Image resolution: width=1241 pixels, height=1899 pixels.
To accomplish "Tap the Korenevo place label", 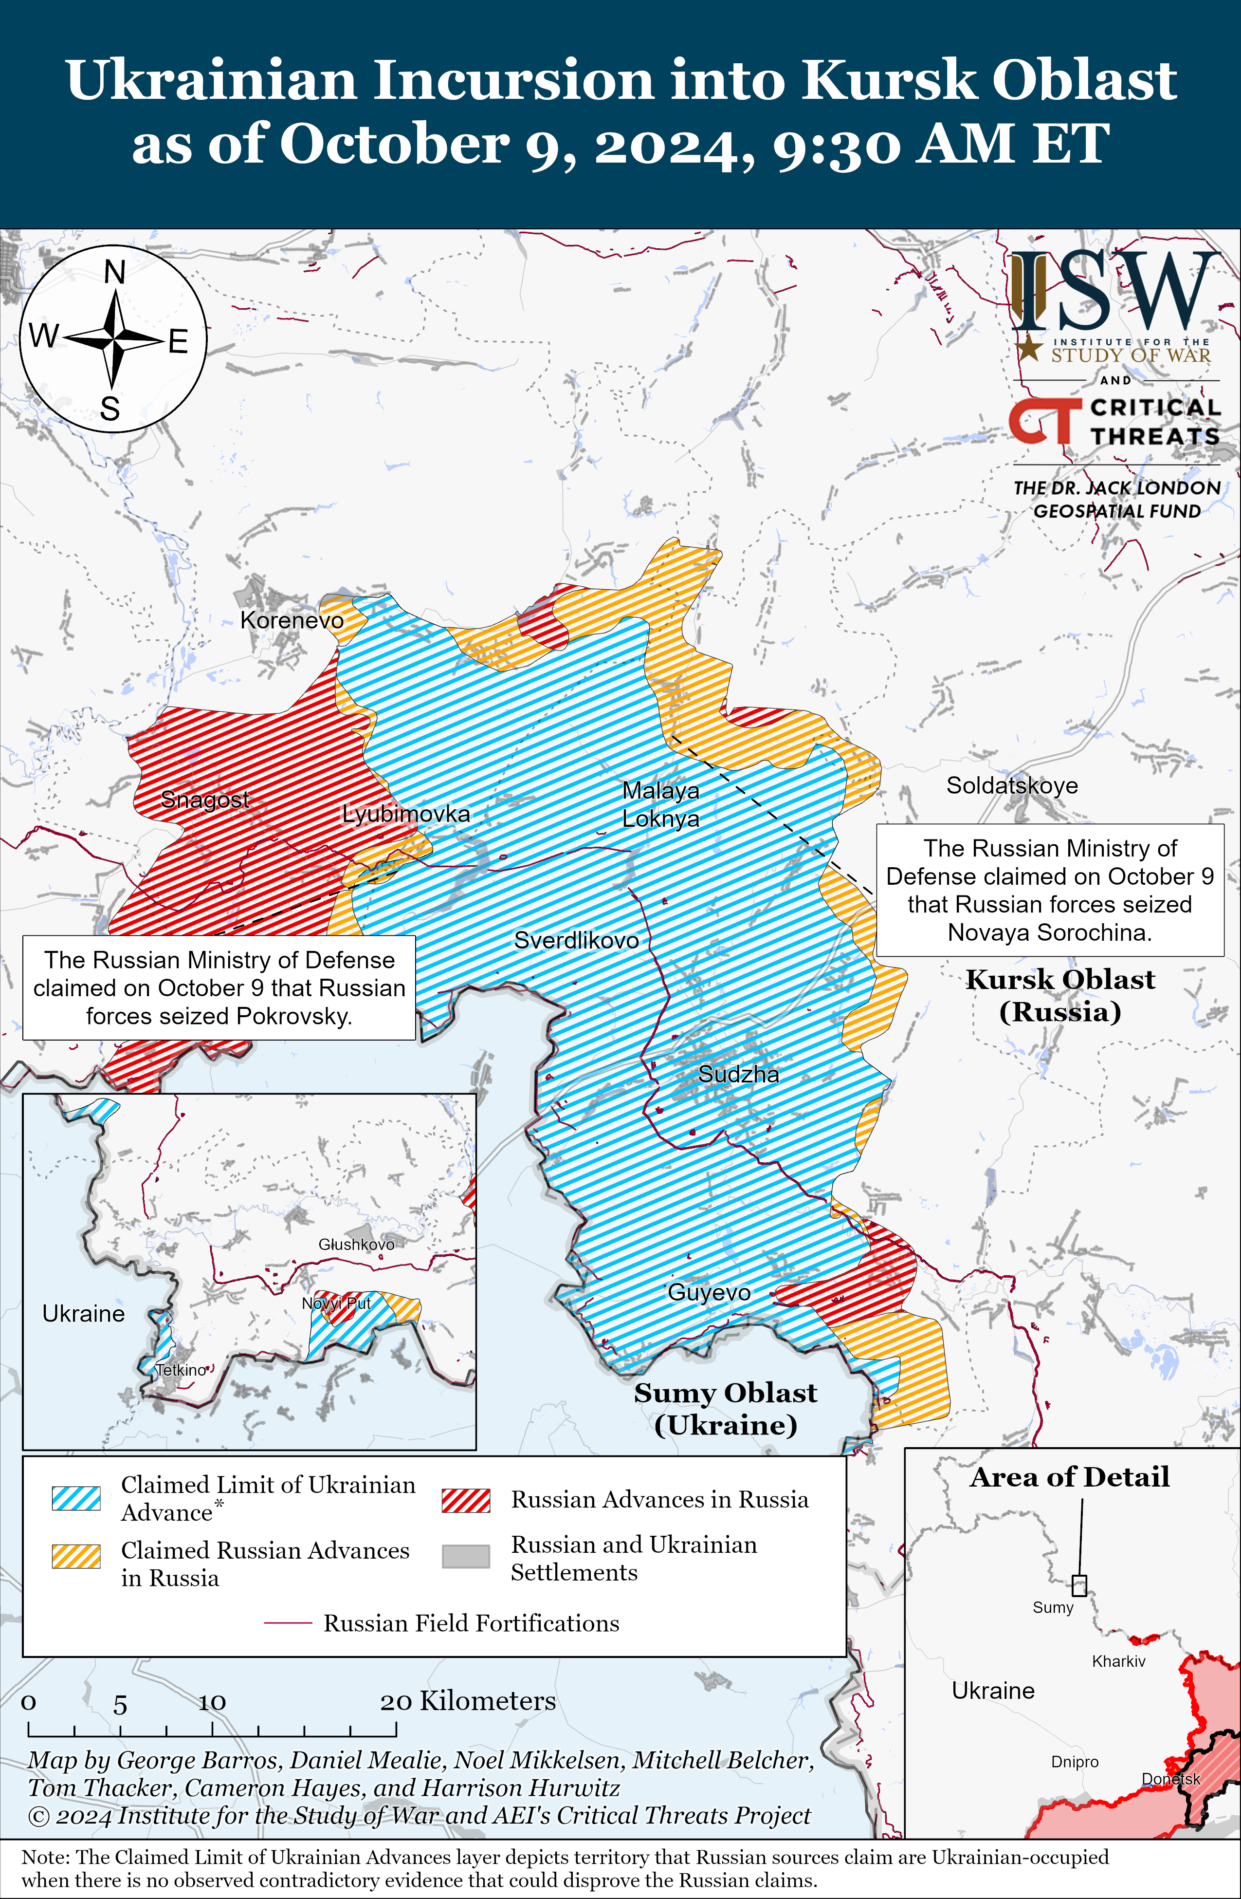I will (x=292, y=620).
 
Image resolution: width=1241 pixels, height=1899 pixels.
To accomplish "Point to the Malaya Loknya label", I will (x=660, y=804).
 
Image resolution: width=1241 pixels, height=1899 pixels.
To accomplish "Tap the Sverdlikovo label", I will (x=576, y=940).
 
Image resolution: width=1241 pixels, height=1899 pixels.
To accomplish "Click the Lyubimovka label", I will (x=406, y=814).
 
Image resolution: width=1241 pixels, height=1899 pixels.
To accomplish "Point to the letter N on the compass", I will (x=115, y=273).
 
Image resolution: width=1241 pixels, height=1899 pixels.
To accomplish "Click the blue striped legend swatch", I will (x=76, y=1498).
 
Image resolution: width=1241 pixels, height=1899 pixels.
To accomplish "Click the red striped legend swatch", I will (x=466, y=1500).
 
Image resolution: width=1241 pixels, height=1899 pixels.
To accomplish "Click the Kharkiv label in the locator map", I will (x=1118, y=1661).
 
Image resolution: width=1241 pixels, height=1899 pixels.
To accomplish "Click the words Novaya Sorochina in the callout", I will (x=1050, y=932).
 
